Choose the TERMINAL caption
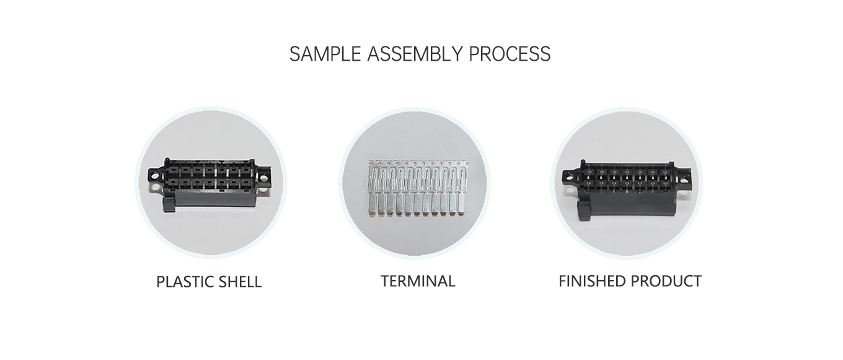click(418, 281)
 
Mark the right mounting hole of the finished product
click(684, 180)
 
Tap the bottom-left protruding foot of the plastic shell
click(168, 204)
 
